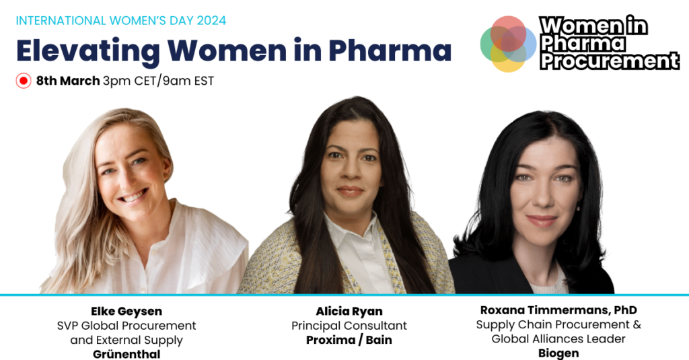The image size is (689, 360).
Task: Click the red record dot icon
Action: [24, 81]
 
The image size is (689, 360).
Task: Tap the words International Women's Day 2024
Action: [121, 20]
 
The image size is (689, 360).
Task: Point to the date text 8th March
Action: [68, 81]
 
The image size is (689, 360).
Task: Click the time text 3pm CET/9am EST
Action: [158, 81]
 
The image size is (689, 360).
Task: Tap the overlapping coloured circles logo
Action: [508, 43]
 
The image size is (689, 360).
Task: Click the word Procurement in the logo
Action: [610, 61]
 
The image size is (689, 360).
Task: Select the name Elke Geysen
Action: [126, 312]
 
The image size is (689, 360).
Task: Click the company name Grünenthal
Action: [126, 353]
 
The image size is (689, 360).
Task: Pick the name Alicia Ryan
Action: [349, 312]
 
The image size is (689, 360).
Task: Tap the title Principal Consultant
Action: [349, 326]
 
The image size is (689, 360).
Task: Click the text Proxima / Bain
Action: [349, 340]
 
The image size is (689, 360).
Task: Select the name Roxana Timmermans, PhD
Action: [558, 310]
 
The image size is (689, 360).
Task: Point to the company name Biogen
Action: [558, 353]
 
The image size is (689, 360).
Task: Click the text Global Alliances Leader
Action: [558, 339]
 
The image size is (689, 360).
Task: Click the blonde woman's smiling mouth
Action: [132, 196]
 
